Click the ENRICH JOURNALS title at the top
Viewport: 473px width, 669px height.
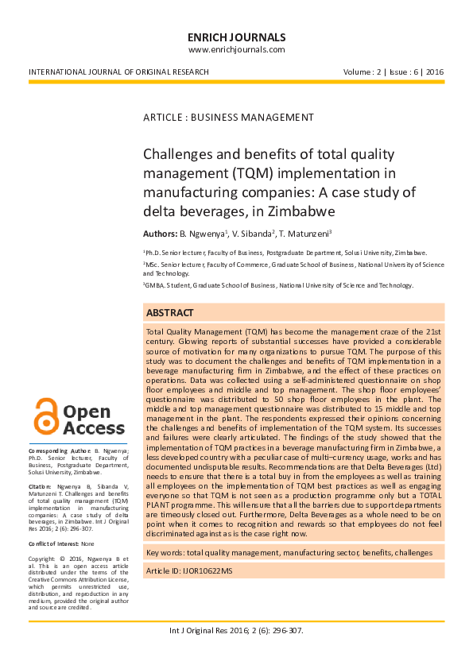point(236,37)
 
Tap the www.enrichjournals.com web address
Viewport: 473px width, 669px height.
point(236,49)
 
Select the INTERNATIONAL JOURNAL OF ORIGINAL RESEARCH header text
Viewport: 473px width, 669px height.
point(118,72)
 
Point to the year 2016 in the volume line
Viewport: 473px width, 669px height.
point(434,72)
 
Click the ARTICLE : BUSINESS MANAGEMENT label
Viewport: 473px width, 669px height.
point(228,118)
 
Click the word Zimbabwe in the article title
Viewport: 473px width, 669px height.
point(295,211)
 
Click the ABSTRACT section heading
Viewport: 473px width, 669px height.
point(169,313)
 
